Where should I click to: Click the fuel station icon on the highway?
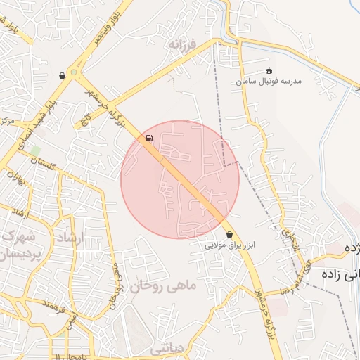tap(148, 138)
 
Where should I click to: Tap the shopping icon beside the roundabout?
tap(63, 75)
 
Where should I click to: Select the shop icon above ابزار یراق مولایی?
tap(230, 235)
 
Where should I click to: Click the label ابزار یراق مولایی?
tap(229, 246)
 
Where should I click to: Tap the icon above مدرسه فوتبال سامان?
tap(269, 70)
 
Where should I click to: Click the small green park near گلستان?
tap(34, 150)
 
